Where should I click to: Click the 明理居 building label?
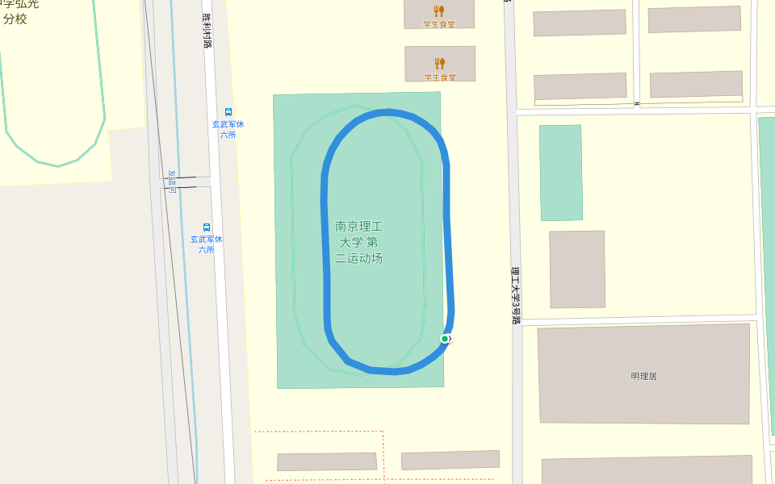(x=643, y=376)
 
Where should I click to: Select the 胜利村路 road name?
(x=207, y=30)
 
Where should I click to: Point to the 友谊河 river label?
(x=171, y=181)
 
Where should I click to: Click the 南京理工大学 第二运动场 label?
(x=358, y=243)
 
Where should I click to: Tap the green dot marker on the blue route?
(x=445, y=339)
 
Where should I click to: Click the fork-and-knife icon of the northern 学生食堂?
(x=439, y=10)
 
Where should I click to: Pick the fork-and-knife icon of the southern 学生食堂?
(x=439, y=63)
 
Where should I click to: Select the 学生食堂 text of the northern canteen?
(x=439, y=24)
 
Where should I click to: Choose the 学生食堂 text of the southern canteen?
(x=439, y=77)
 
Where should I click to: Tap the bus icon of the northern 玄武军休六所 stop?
(x=228, y=112)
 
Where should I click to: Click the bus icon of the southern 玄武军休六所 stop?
(x=207, y=227)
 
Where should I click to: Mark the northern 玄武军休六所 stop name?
(x=228, y=129)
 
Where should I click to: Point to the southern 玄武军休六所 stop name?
(x=207, y=244)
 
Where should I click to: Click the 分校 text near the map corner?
(x=15, y=19)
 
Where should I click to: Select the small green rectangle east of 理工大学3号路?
(x=560, y=173)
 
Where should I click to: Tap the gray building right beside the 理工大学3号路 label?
(x=577, y=269)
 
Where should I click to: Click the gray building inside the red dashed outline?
(x=327, y=461)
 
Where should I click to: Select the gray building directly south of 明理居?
(x=646, y=470)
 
